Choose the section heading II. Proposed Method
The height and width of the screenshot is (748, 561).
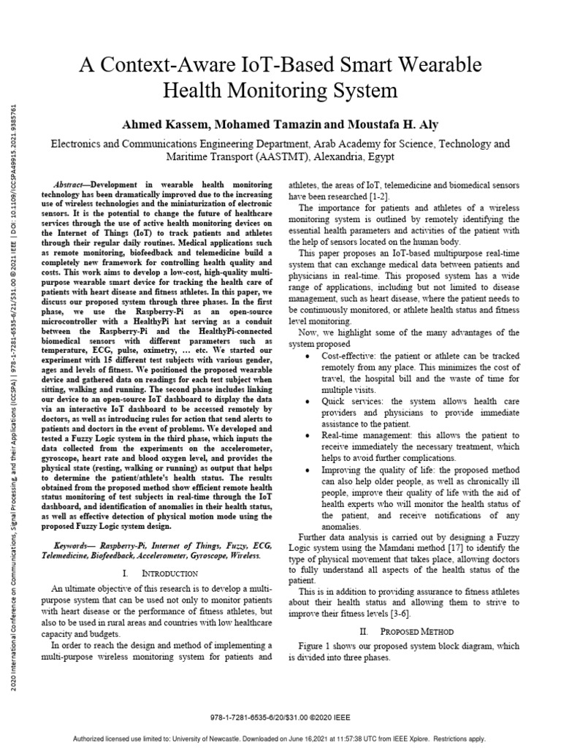[408, 630]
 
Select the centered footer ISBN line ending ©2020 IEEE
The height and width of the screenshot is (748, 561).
[280, 718]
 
